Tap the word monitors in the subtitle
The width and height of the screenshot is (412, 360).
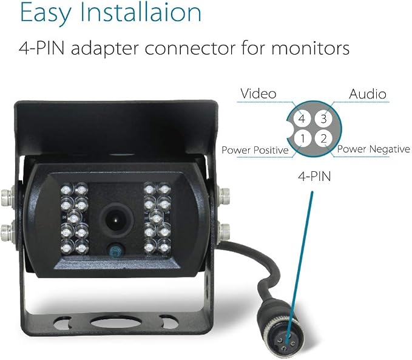pyautogui.click(x=310, y=49)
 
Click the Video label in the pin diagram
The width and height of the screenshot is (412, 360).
pyautogui.click(x=258, y=93)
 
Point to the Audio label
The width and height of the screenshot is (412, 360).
pyautogui.click(x=368, y=94)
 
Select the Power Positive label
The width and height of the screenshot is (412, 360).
pyautogui.click(x=255, y=150)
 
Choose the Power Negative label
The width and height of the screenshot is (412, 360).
pyautogui.click(x=373, y=149)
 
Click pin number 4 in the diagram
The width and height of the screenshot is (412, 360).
pyautogui.click(x=302, y=119)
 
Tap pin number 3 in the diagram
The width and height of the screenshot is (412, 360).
pyautogui.click(x=324, y=119)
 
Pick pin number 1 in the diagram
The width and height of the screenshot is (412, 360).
pyautogui.click(x=303, y=138)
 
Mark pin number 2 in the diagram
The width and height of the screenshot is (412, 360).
pyautogui.click(x=324, y=138)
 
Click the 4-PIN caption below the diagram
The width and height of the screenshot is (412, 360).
pyautogui.click(x=314, y=176)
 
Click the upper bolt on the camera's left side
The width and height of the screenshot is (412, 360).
pyautogui.click(x=8, y=196)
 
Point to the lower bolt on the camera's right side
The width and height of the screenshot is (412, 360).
pyautogui.click(x=224, y=232)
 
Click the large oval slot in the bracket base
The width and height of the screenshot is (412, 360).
pyautogui.click(x=117, y=322)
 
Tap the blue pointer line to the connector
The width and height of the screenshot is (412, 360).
pyautogui.click(x=299, y=265)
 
